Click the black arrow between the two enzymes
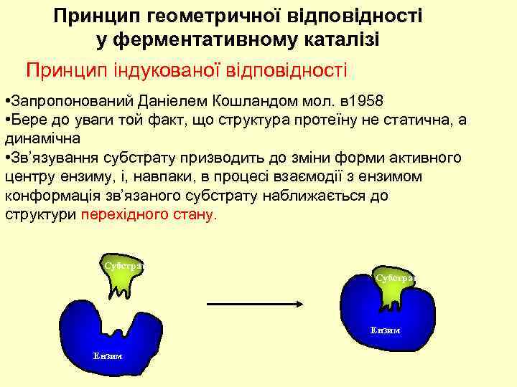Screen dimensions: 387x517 click(253, 304)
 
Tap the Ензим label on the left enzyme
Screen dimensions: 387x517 click(107, 356)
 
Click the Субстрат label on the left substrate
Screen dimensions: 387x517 click(124, 265)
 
